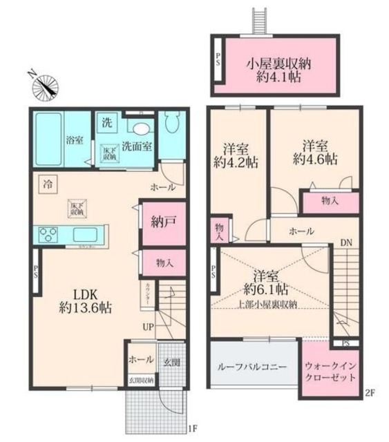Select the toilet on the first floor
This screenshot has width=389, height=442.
(x=172, y=128)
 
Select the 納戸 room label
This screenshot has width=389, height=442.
(x=163, y=222)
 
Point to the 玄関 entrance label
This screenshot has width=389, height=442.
(x=171, y=361)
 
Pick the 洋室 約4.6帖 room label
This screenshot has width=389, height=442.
(x=315, y=152)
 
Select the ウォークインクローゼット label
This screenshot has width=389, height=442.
(x=330, y=372)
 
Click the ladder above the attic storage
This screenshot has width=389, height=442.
(x=257, y=21)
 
